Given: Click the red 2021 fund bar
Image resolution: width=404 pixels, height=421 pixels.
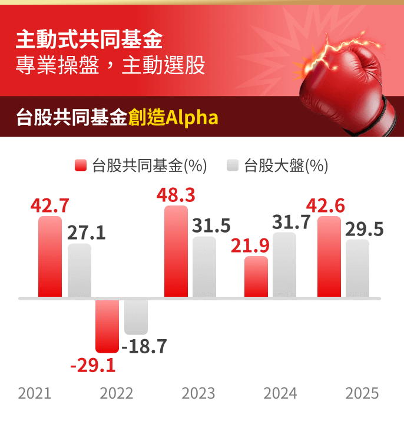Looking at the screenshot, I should tap(50, 257).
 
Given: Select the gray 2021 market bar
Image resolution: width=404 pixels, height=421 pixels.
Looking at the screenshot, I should tap(80, 270).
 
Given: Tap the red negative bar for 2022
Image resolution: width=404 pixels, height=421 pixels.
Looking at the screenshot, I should tap(107, 326).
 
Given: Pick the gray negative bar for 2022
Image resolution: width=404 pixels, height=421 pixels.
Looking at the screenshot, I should tap(136, 317).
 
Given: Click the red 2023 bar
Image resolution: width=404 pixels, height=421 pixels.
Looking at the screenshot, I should tap(176, 251).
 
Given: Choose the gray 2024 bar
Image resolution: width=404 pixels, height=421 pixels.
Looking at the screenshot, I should tap(284, 265).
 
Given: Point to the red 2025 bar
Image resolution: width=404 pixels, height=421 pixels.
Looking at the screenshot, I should tap(329, 257).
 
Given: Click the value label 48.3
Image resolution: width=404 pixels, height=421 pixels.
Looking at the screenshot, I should tap(175, 195).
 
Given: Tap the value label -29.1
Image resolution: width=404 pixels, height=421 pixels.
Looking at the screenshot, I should tap(93, 366).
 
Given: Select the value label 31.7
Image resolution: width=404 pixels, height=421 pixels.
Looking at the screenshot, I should tap(292, 222).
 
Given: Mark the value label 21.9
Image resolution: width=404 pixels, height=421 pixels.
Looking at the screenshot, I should tap(250, 246).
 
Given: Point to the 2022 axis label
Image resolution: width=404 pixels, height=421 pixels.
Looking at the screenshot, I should tap(117, 393).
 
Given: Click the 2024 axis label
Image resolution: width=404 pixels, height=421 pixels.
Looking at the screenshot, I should tap(280, 393).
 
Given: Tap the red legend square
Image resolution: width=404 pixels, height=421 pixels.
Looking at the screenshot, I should tap(81, 165).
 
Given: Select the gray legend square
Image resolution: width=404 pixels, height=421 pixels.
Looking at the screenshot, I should tap(233, 165).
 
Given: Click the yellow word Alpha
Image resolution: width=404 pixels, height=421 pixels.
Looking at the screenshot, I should tap(192, 117).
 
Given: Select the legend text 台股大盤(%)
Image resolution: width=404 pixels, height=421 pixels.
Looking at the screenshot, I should tap(286, 166).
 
